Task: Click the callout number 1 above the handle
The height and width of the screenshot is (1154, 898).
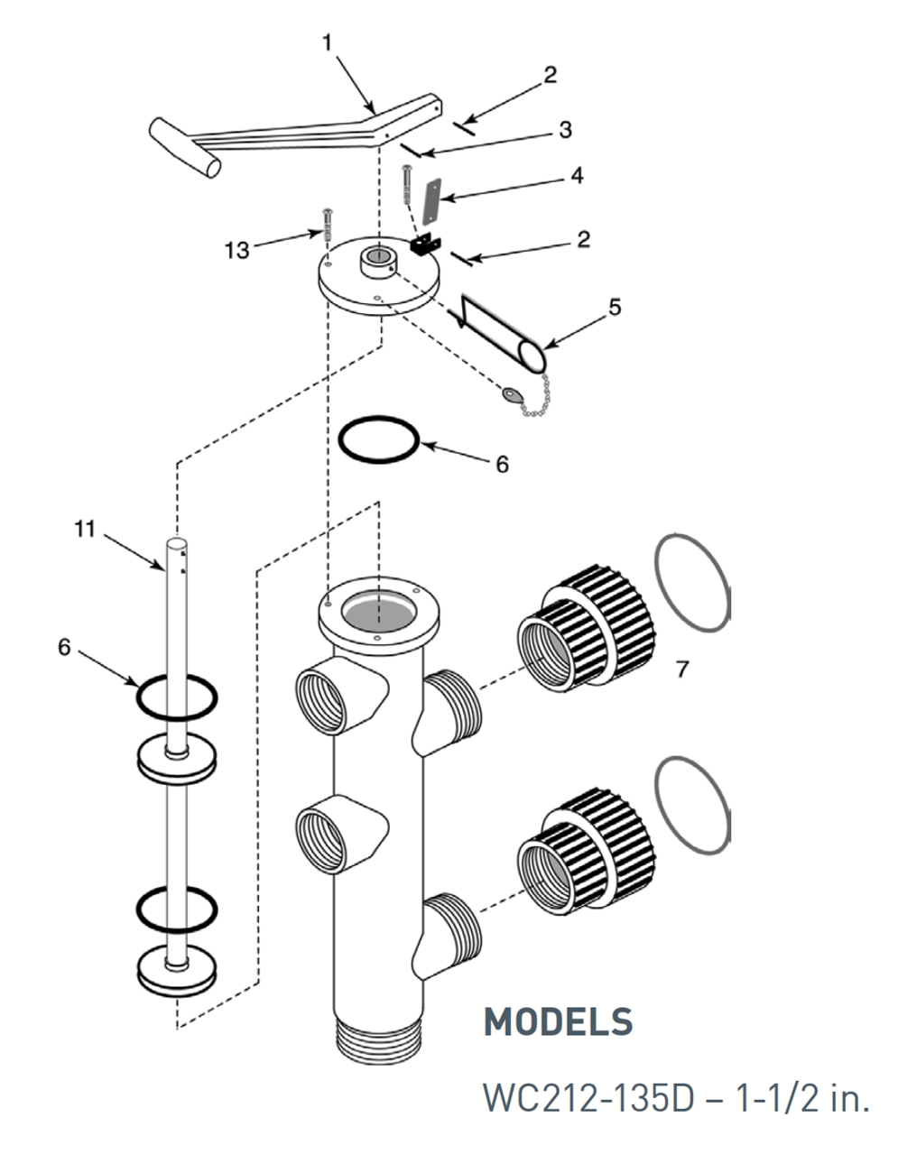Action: pyautogui.click(x=328, y=43)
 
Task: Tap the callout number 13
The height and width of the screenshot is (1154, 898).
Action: pyautogui.click(x=236, y=250)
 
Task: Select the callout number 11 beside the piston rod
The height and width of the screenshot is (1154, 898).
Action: pyautogui.click(x=85, y=529)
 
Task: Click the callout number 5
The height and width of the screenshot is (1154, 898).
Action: pyautogui.click(x=615, y=307)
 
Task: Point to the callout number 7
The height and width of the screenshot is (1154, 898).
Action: pyautogui.click(x=682, y=669)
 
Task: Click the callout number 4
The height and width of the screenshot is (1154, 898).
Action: pyautogui.click(x=577, y=175)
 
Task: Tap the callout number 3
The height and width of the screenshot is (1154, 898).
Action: pyautogui.click(x=565, y=130)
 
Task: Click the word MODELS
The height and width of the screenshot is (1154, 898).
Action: pyautogui.click(x=559, y=1021)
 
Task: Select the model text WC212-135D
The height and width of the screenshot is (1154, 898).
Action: pyautogui.click(x=588, y=1097)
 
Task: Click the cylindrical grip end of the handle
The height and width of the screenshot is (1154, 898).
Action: pyautogui.click(x=184, y=148)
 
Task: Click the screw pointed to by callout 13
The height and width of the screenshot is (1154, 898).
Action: pyautogui.click(x=328, y=224)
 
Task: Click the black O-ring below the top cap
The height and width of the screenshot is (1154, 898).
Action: pyautogui.click(x=379, y=439)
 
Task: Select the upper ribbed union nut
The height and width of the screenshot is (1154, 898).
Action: pyautogui.click(x=586, y=628)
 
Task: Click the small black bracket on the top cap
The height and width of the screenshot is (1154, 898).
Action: pyautogui.click(x=425, y=245)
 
